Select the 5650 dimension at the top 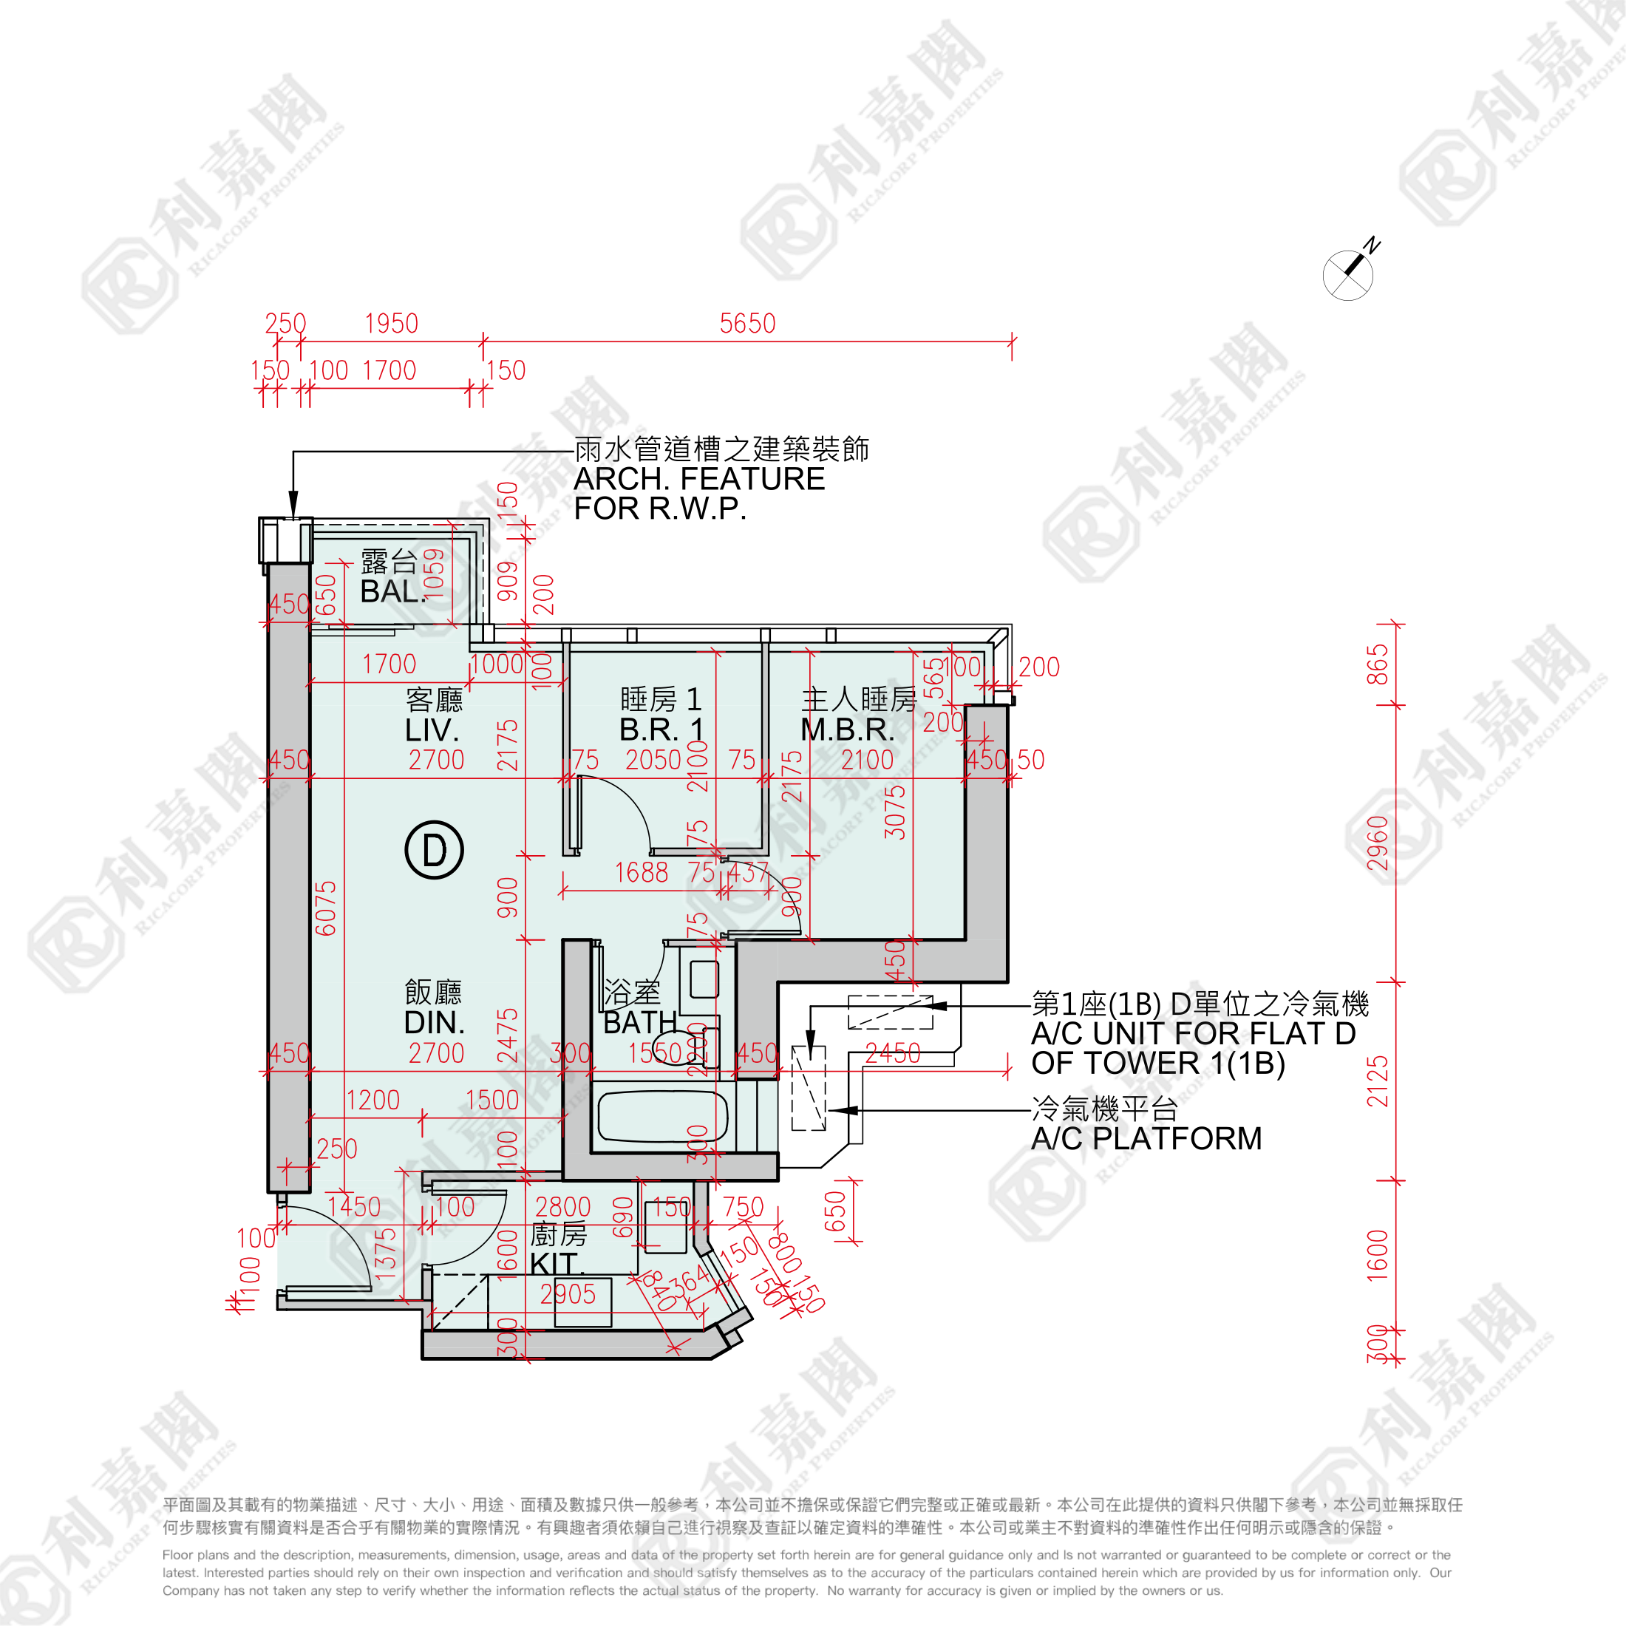tap(747, 324)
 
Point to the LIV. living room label tap(432, 729)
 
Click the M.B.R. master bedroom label tap(848, 729)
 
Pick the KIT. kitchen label tap(557, 1263)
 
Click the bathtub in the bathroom tap(662, 1116)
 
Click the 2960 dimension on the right tap(1377, 843)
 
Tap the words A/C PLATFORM tap(1146, 1139)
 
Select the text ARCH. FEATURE tap(699, 479)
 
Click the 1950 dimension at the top tap(392, 324)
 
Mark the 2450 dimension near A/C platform tap(893, 1053)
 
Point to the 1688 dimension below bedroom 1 tap(642, 873)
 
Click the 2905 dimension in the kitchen tap(568, 1294)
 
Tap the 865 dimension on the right tap(1377, 665)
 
